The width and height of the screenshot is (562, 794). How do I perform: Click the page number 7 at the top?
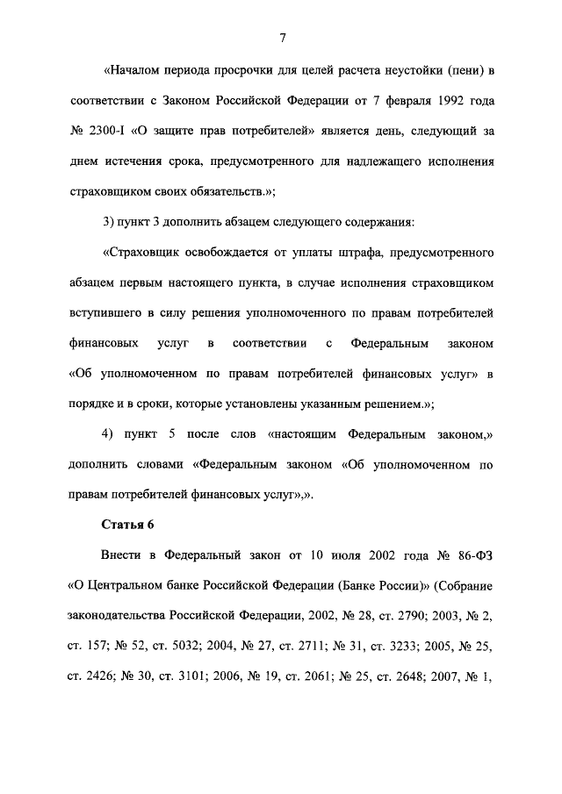pos(283,37)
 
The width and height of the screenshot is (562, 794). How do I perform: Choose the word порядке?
pos(92,404)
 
